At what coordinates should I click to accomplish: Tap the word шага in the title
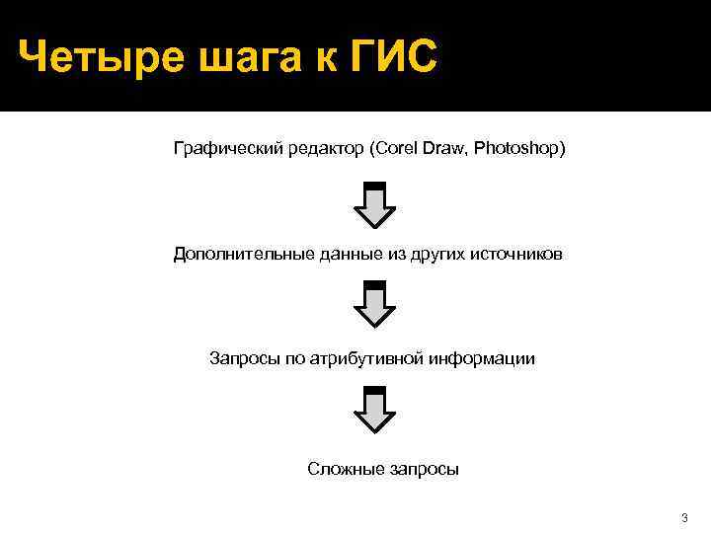238,58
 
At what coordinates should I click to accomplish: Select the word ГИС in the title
393,58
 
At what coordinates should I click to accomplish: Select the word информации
483,358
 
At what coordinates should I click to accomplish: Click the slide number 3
684,518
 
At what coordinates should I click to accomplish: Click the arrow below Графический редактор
374,203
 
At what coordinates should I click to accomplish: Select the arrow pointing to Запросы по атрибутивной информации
374,303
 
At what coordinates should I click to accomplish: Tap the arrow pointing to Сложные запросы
374,410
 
